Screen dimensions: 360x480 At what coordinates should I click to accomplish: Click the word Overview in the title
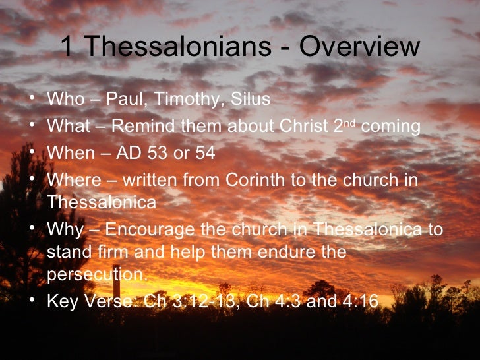click(x=359, y=47)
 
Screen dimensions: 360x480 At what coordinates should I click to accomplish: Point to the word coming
click(x=395, y=127)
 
